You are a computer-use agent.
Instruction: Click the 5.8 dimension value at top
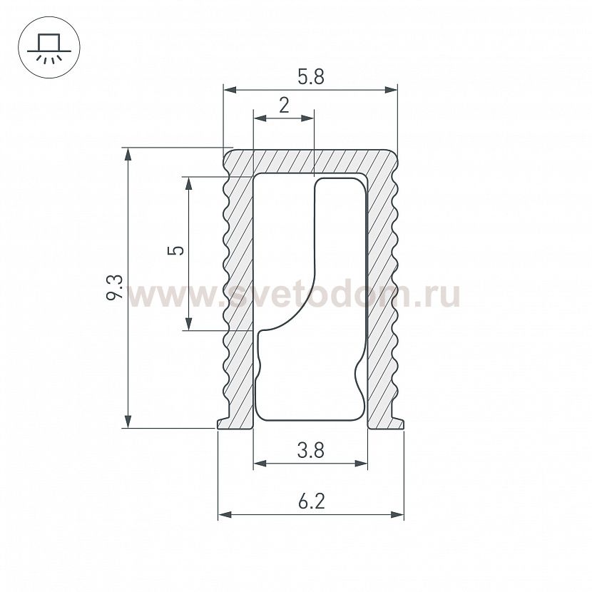click(x=310, y=77)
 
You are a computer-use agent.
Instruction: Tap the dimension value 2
click(x=284, y=106)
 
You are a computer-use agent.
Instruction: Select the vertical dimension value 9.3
click(x=115, y=287)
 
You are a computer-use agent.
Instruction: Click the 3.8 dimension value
click(x=310, y=451)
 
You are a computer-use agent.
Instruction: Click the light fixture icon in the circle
click(x=45, y=48)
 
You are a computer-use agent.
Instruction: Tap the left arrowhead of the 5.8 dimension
click(x=230, y=90)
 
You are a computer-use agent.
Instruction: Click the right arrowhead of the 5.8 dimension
click(x=390, y=90)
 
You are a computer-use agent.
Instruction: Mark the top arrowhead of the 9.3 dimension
click(x=128, y=154)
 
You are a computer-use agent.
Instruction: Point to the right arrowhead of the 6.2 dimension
click(x=397, y=514)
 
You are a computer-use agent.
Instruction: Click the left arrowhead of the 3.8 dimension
click(x=260, y=464)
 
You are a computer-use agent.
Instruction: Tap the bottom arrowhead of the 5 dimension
click(x=188, y=324)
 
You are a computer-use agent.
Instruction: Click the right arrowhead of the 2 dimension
click(x=308, y=118)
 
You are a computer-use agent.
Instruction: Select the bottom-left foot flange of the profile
click(x=224, y=424)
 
